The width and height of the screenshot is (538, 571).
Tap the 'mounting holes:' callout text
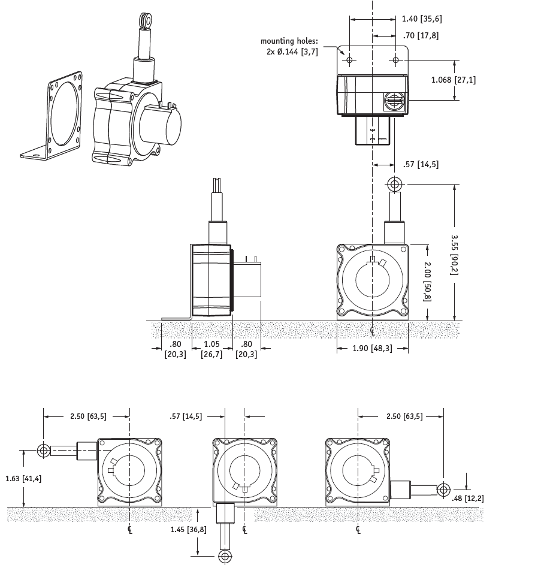289,41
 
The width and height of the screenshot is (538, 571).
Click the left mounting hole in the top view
350,60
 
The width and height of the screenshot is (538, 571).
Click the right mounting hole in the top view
395,60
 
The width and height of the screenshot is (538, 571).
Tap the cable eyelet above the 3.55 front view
394,183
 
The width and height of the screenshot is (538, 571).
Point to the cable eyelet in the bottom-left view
43,449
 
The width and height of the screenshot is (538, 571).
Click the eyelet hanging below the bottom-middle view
225,557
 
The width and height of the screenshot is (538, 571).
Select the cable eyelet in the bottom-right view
443,490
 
